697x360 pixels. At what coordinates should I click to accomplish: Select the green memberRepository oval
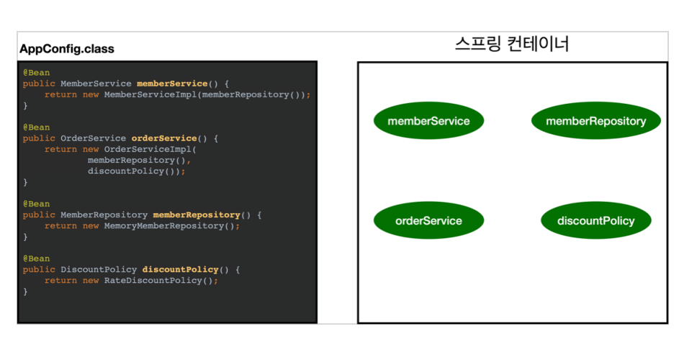click(x=595, y=121)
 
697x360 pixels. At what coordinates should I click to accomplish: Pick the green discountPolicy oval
click(x=595, y=220)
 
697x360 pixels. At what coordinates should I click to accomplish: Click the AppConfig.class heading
click(x=66, y=50)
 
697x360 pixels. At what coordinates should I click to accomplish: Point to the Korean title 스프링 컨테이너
click(x=512, y=45)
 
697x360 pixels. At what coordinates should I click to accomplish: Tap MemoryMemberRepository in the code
click(x=163, y=225)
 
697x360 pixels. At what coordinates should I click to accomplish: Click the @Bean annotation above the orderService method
click(x=36, y=127)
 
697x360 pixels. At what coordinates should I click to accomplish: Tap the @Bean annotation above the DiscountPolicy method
click(x=36, y=258)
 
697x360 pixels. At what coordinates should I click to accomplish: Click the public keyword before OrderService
click(x=39, y=138)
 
